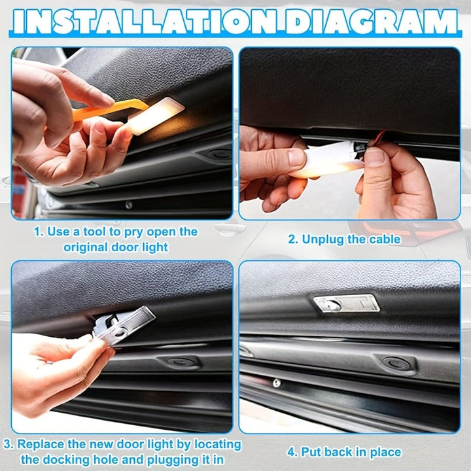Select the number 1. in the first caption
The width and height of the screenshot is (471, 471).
(x=39, y=232)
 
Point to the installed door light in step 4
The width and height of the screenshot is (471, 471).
(x=346, y=303)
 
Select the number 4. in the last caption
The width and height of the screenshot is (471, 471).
(x=291, y=452)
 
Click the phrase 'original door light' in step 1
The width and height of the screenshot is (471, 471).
(x=115, y=247)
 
